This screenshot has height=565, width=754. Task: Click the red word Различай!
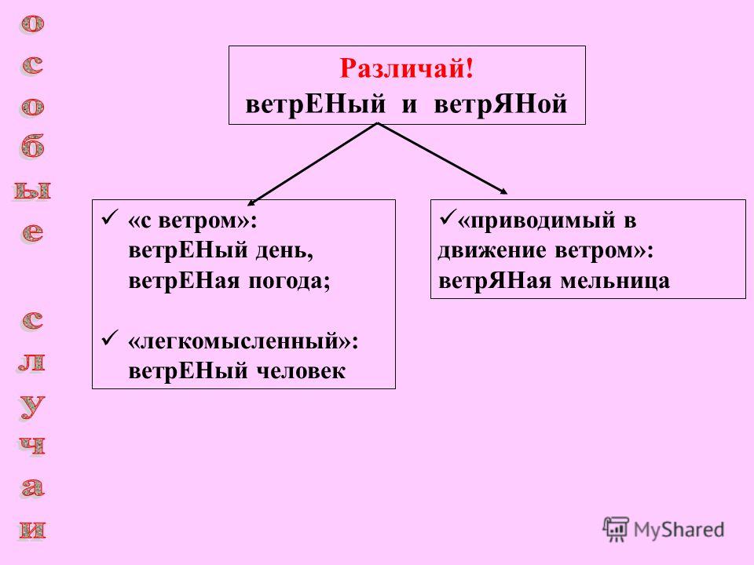407,68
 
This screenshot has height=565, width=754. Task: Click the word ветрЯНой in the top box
500,104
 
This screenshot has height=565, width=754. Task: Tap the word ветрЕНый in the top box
316,104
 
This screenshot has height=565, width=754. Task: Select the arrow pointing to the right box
443,159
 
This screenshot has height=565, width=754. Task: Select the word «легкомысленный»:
243,342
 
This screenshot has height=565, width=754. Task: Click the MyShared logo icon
616,530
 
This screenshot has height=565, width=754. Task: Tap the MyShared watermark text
679,530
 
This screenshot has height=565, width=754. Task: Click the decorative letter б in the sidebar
33,147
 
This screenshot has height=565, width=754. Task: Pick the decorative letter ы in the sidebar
32,191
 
